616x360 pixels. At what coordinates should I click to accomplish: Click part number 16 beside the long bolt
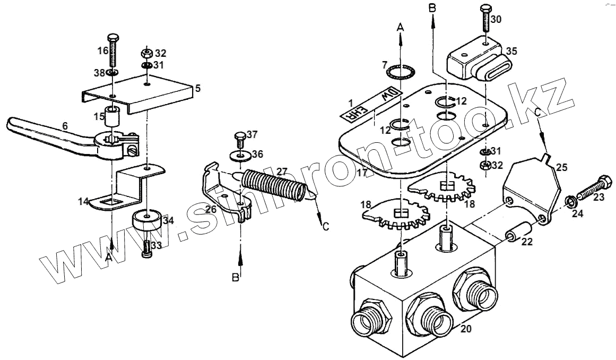click(103, 50)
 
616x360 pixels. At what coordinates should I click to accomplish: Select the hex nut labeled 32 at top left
click(148, 53)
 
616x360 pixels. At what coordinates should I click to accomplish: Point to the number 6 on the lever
click(65, 126)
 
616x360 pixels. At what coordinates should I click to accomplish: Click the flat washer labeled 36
click(240, 156)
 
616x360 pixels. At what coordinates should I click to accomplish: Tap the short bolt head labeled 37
click(239, 137)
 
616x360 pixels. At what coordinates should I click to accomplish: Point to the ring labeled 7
click(398, 73)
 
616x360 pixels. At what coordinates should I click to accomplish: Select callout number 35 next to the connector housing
click(511, 51)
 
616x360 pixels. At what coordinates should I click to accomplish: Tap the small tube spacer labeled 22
click(518, 232)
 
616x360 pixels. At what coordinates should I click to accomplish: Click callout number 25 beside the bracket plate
click(562, 167)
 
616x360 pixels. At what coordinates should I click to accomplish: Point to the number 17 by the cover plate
click(362, 173)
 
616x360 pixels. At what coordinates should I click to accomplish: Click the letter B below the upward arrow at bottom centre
click(236, 278)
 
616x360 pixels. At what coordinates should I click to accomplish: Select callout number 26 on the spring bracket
click(211, 210)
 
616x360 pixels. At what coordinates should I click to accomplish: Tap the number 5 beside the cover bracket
click(198, 89)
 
